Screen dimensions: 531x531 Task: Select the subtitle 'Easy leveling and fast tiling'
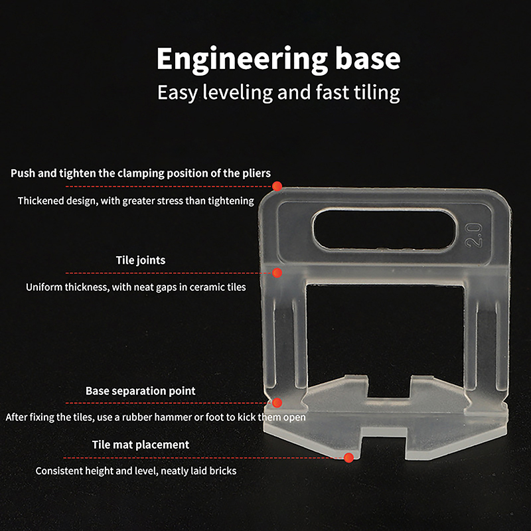pos(278,92)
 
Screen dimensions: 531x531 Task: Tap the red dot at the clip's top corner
pos(277,186)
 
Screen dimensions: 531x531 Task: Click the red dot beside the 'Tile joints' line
pos(277,273)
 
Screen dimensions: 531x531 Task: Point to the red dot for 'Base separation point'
pos(277,403)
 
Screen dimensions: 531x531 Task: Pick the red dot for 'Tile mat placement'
pos(349,458)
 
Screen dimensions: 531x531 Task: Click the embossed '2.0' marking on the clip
pos(473,235)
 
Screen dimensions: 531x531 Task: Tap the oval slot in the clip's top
pos(384,230)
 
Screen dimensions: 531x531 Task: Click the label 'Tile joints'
pos(141,260)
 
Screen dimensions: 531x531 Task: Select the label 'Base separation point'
pos(141,391)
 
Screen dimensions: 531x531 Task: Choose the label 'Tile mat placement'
pos(141,445)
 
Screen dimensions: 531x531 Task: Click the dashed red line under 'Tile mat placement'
pos(204,458)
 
